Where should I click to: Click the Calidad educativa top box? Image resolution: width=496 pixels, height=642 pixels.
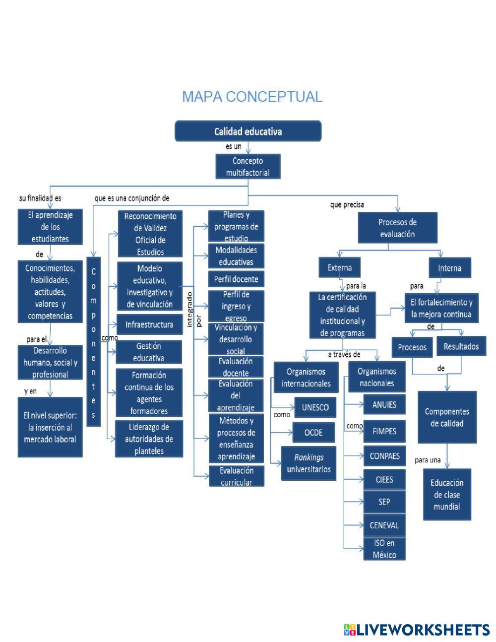pyautogui.click(x=248, y=131)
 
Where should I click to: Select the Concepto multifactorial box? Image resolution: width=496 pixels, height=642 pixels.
pyautogui.click(x=248, y=167)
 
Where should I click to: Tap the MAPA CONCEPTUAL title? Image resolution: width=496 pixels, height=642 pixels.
pyautogui.click(x=252, y=97)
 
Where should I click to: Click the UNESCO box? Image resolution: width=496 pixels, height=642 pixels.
pyautogui.click(x=315, y=407)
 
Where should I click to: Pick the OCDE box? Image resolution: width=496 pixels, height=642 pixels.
pyautogui.click(x=313, y=433)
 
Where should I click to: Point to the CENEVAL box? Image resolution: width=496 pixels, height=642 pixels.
pyautogui.click(x=384, y=525)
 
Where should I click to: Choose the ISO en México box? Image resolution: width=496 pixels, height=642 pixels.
pyautogui.click(x=384, y=549)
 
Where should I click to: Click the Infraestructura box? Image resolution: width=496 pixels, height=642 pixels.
pyautogui.click(x=149, y=325)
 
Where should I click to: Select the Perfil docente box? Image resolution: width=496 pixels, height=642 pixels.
pyautogui.click(x=236, y=279)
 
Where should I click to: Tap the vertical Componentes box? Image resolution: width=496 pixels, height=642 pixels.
pyautogui.click(x=93, y=341)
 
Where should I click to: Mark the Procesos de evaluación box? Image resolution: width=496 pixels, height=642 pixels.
pyautogui.click(x=397, y=228)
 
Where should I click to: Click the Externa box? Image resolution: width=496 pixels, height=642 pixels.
pyautogui.click(x=340, y=268)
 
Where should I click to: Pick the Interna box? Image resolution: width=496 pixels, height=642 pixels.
pyautogui.click(x=449, y=268)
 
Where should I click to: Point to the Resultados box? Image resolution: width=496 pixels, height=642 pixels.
pyautogui.click(x=461, y=346)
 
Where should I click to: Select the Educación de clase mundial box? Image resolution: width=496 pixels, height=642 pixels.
pyautogui.click(x=447, y=495)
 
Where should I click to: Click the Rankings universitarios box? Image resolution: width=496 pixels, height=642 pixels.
pyautogui.click(x=309, y=463)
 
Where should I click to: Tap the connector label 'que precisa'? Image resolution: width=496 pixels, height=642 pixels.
pyautogui.click(x=347, y=204)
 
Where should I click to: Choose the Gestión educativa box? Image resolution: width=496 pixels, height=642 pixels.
pyautogui.click(x=149, y=352)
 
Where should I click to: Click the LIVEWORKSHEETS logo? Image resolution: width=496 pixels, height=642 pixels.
pyautogui.click(x=417, y=630)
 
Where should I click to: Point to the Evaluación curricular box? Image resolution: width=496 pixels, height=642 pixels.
pyautogui.click(x=237, y=476)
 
